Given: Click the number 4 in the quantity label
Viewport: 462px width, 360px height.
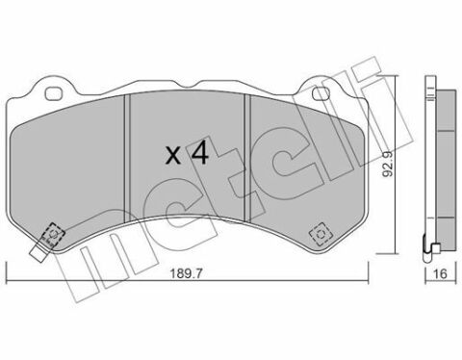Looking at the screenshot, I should [x=197, y=152].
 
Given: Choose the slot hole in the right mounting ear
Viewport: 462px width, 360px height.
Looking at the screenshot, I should [x=324, y=85].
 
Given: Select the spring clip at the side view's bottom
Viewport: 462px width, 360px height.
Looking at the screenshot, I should [x=434, y=248].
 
